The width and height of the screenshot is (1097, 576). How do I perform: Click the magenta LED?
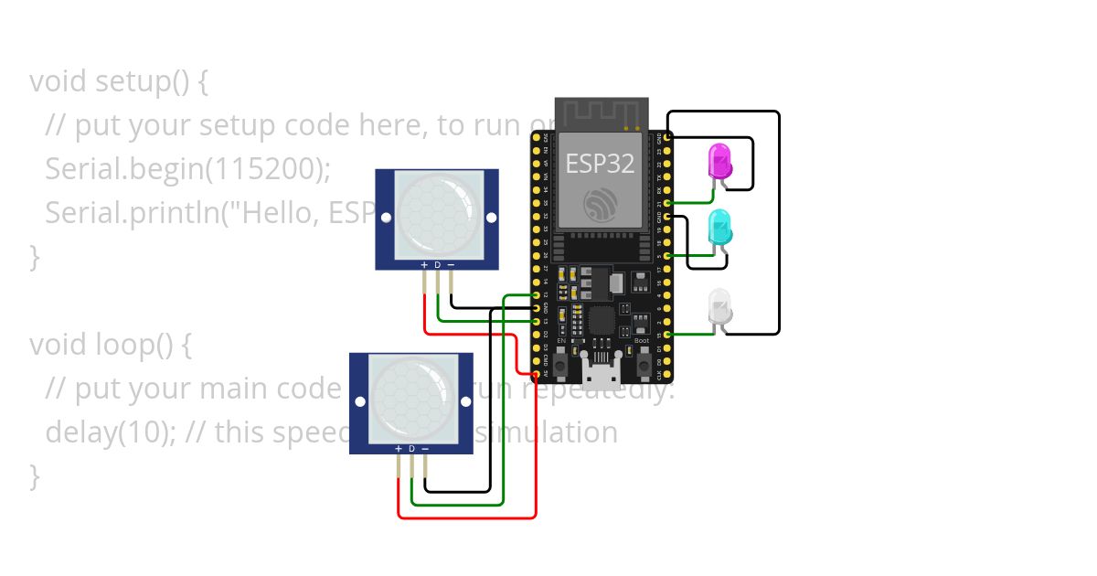[720, 162]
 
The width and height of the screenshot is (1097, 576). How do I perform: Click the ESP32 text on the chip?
[600, 163]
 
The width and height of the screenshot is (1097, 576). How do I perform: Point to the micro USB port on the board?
[600, 373]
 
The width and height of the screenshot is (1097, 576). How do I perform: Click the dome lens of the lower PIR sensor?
[412, 399]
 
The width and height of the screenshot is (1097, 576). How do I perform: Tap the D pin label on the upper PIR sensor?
[437, 265]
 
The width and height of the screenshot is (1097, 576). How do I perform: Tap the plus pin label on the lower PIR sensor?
[398, 449]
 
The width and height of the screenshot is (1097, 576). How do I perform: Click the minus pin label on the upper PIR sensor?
[451, 265]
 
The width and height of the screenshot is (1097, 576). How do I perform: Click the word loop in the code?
[122, 345]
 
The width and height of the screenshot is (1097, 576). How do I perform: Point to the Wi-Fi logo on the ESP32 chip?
[600, 203]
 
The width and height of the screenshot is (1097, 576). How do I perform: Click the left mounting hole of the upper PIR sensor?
[386, 218]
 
